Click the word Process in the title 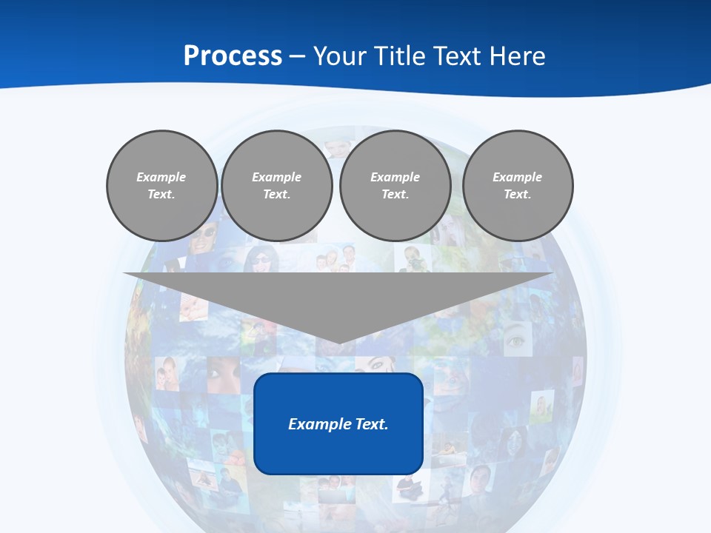pos(233,56)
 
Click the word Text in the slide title pos(458,56)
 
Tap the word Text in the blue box pos(373,424)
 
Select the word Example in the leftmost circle pos(161,177)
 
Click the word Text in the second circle pos(277,195)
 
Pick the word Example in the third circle pos(395,177)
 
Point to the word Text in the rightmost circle pos(518,195)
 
